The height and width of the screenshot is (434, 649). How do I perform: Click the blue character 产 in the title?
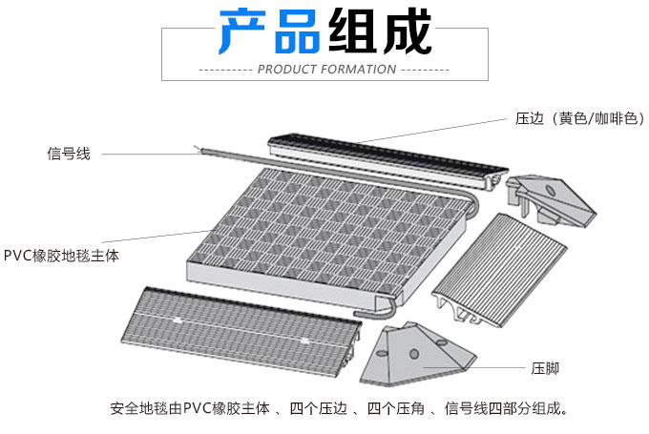(243, 32)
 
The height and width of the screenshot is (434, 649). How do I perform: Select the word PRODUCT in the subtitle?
(289, 70)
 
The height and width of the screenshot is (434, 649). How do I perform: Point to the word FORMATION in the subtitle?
(360, 70)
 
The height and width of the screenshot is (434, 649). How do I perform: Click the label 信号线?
(69, 153)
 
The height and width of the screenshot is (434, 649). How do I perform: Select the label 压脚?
(545, 367)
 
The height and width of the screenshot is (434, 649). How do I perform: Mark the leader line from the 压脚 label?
(487, 367)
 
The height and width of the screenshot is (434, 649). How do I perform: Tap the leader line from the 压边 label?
(429, 131)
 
